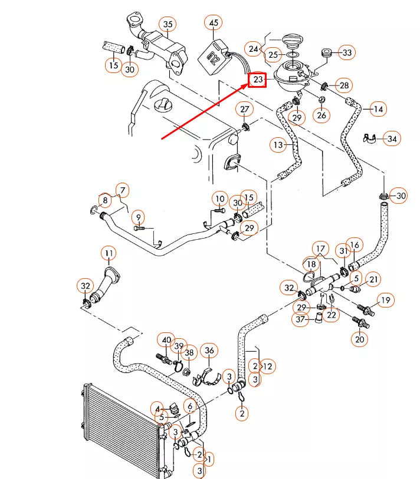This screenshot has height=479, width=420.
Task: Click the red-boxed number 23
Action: click(x=257, y=79)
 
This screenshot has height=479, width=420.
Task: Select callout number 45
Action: click(x=213, y=24)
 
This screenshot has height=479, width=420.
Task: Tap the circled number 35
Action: click(x=169, y=24)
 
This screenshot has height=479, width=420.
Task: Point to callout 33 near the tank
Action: click(x=346, y=53)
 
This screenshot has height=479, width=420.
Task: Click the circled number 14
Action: click(x=378, y=109)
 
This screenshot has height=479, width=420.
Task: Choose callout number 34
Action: click(x=391, y=139)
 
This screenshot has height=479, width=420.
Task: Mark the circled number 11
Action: click(x=109, y=254)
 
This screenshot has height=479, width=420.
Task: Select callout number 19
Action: click(x=385, y=301)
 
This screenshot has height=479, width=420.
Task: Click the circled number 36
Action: click(x=209, y=351)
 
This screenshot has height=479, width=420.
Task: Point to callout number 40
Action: click(x=166, y=341)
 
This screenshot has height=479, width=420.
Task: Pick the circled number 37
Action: click(x=301, y=319)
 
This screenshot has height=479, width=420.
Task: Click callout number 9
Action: click(x=137, y=217)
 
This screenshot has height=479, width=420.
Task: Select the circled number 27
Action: click(x=244, y=110)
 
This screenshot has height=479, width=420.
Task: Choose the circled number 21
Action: click(x=373, y=279)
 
